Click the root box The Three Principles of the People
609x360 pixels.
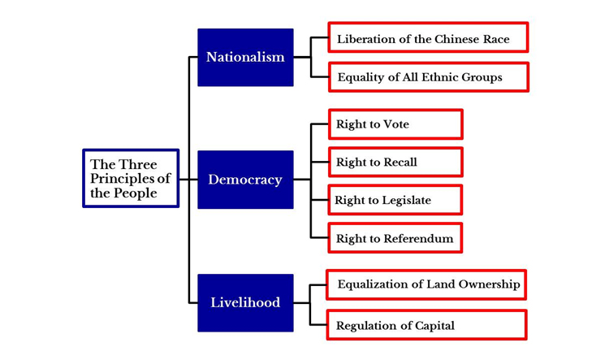point(131,178)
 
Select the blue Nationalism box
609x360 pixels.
point(245,58)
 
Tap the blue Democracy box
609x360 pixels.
point(245,180)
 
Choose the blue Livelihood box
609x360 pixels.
point(245,302)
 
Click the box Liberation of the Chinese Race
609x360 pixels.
point(428,38)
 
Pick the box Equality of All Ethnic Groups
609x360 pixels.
point(428,77)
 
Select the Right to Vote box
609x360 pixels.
point(395,124)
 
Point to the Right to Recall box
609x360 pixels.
point(395,162)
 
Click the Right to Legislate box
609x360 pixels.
point(395,200)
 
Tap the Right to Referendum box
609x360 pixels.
point(395,239)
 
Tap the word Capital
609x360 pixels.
point(432,326)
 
